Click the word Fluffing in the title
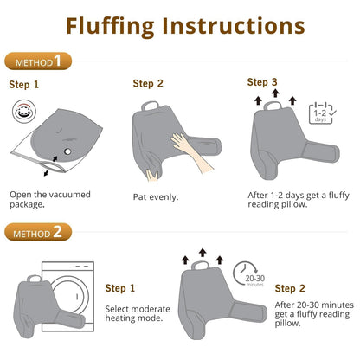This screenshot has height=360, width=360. (110, 27)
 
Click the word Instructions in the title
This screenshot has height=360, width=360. (234, 26)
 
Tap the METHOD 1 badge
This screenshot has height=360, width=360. (38, 61)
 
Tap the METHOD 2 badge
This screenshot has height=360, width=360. (38, 232)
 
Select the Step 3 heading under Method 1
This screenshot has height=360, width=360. (262, 82)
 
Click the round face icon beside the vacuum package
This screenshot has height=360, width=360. (24, 112)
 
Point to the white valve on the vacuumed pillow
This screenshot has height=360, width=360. (67, 151)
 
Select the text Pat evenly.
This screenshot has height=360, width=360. (156, 197)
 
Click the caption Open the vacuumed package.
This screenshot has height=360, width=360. (50, 199)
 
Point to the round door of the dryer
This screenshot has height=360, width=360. (68, 296)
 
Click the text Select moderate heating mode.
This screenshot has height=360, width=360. (138, 313)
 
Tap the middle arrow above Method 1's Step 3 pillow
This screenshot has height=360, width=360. (275, 93)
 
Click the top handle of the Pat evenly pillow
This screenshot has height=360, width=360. (151, 106)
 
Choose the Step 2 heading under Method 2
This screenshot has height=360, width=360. (290, 288)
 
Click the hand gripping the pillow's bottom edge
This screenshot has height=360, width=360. (152, 175)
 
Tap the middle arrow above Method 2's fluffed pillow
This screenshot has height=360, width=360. (202, 253)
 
